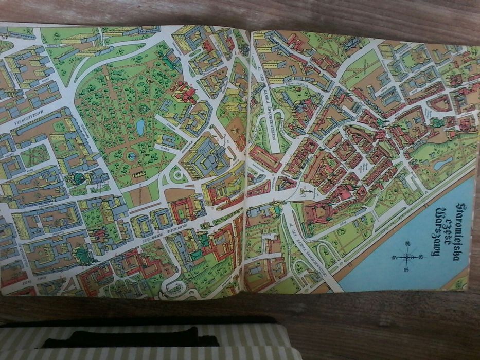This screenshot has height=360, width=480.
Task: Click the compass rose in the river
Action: coord(406,256)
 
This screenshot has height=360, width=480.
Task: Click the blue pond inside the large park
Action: coord(140,127)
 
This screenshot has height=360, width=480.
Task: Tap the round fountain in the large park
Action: coord(132,155)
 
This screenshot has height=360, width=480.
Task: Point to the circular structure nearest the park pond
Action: coord(145,109)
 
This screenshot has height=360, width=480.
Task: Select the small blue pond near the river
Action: coord(443,163)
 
